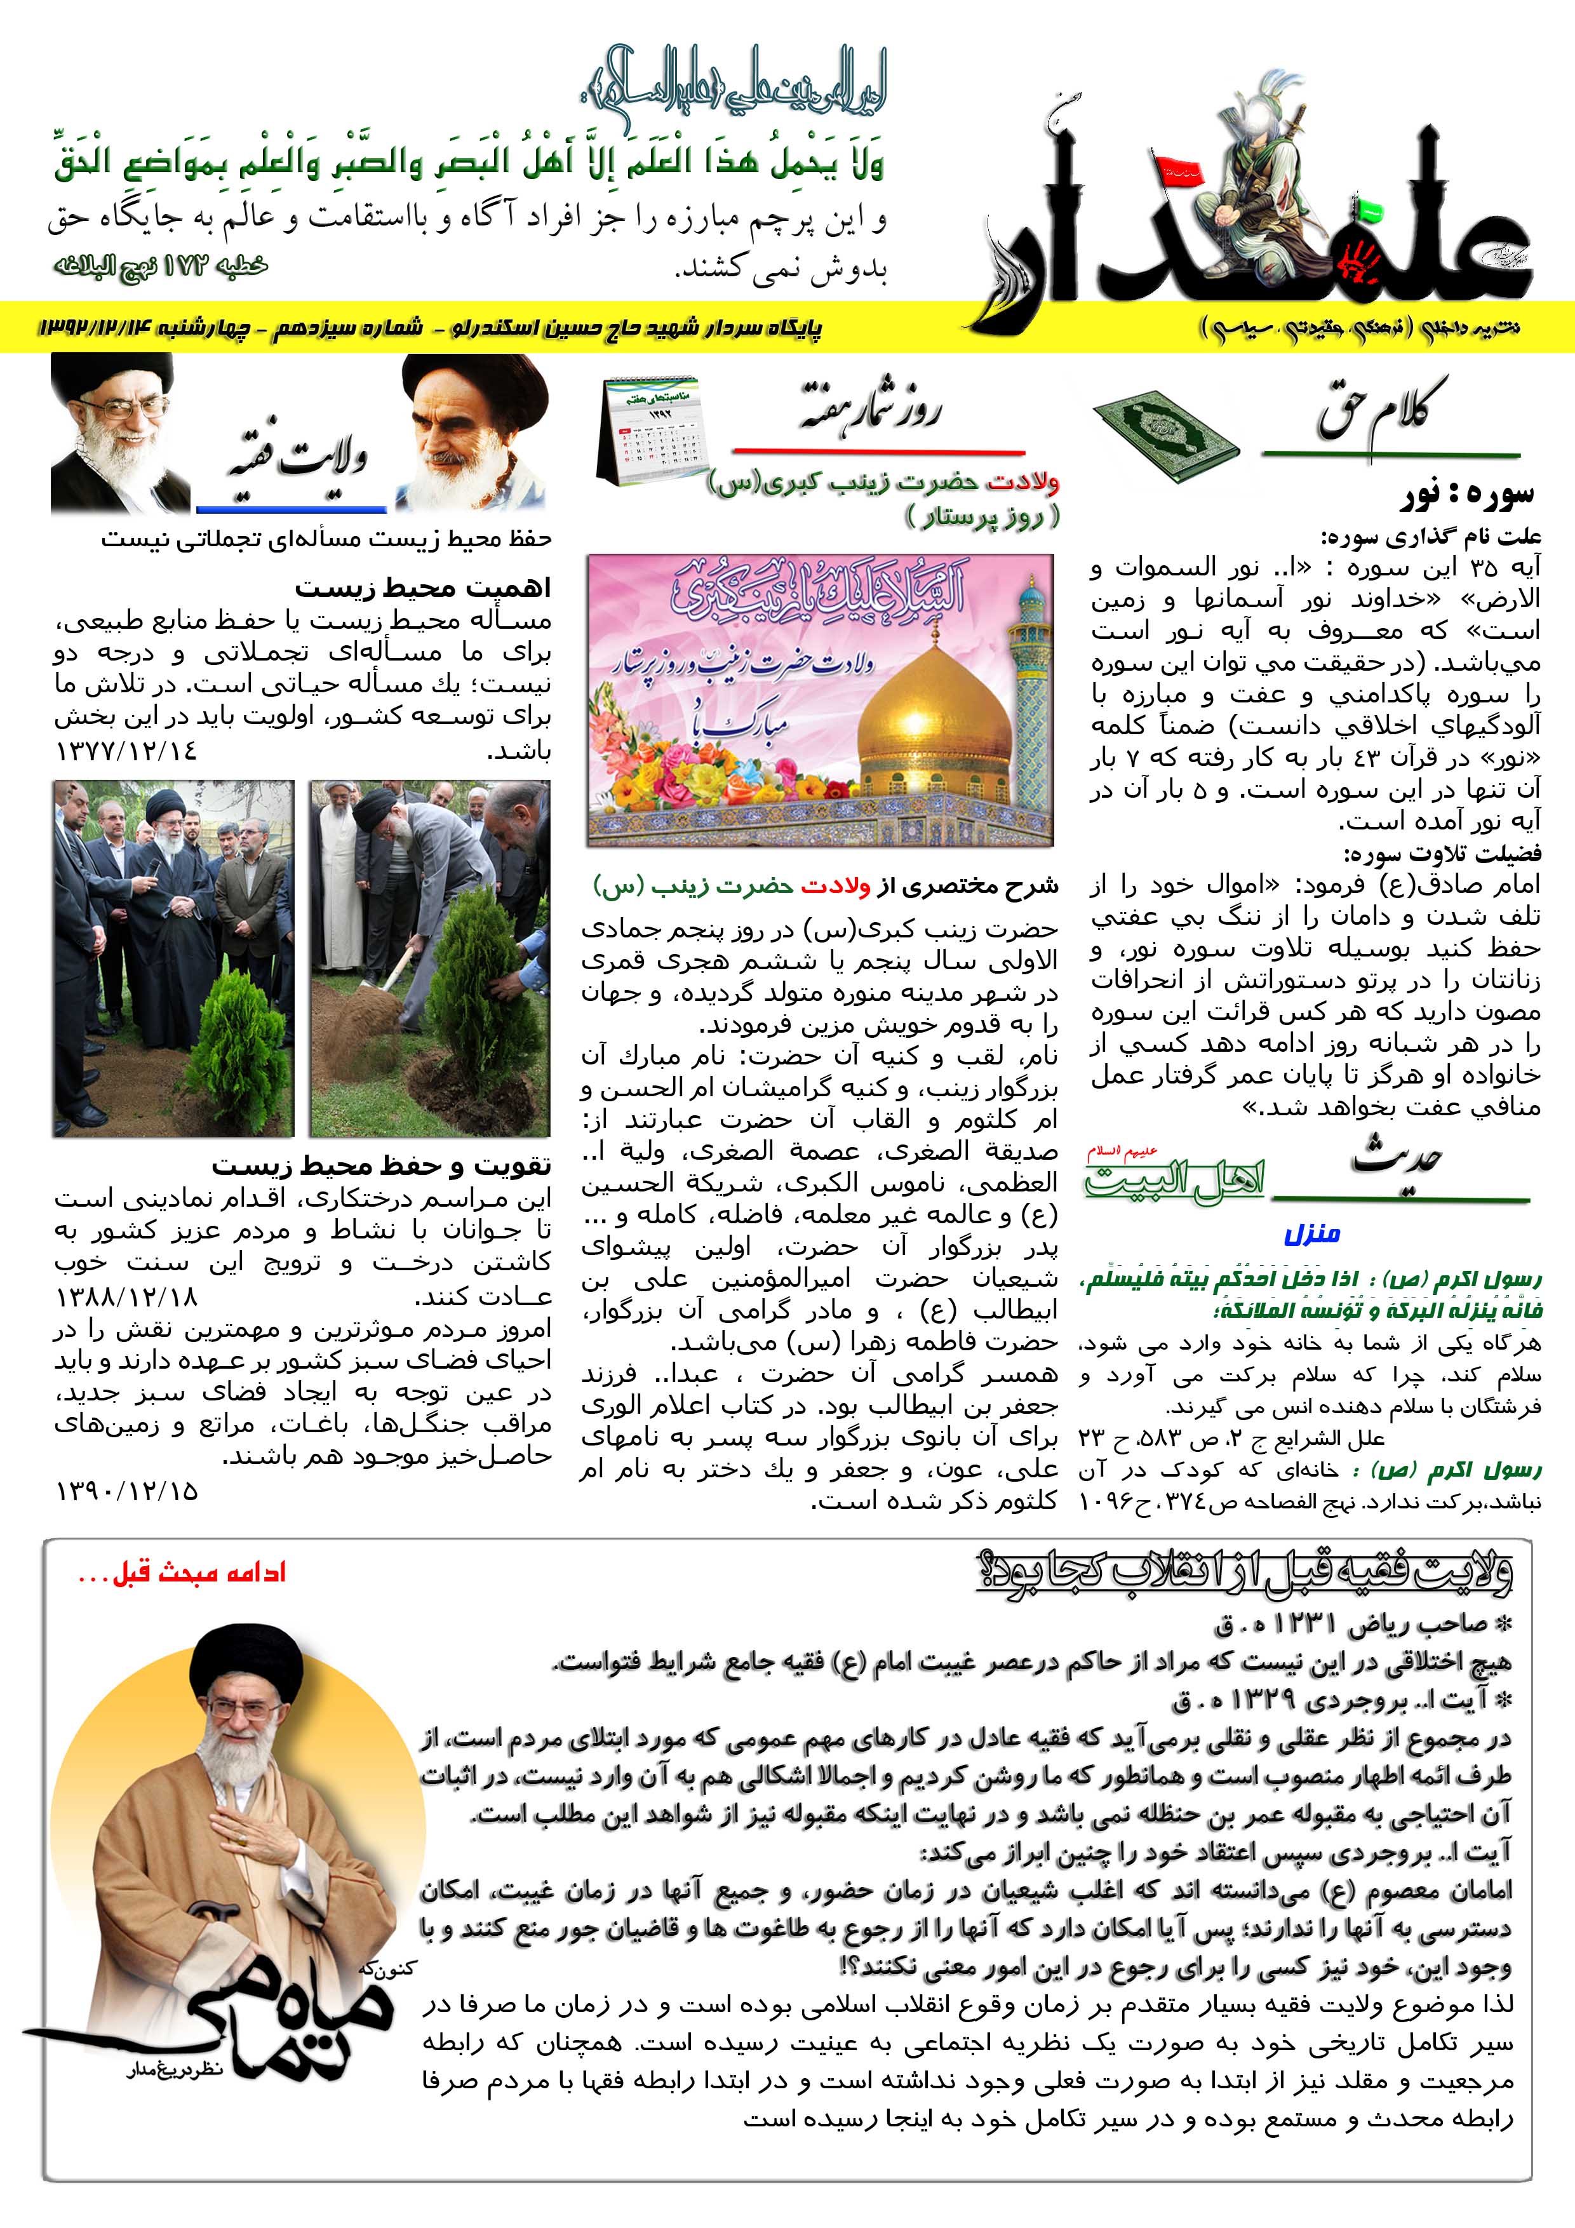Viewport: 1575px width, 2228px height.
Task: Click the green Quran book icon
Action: tap(1165, 434)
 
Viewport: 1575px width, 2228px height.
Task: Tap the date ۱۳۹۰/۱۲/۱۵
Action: tap(127, 1491)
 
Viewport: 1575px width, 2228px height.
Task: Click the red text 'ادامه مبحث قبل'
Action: tap(182, 1574)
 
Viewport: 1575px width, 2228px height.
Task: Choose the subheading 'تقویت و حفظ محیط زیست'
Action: tap(382, 1165)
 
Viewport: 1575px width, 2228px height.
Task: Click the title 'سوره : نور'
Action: tap(1466, 496)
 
